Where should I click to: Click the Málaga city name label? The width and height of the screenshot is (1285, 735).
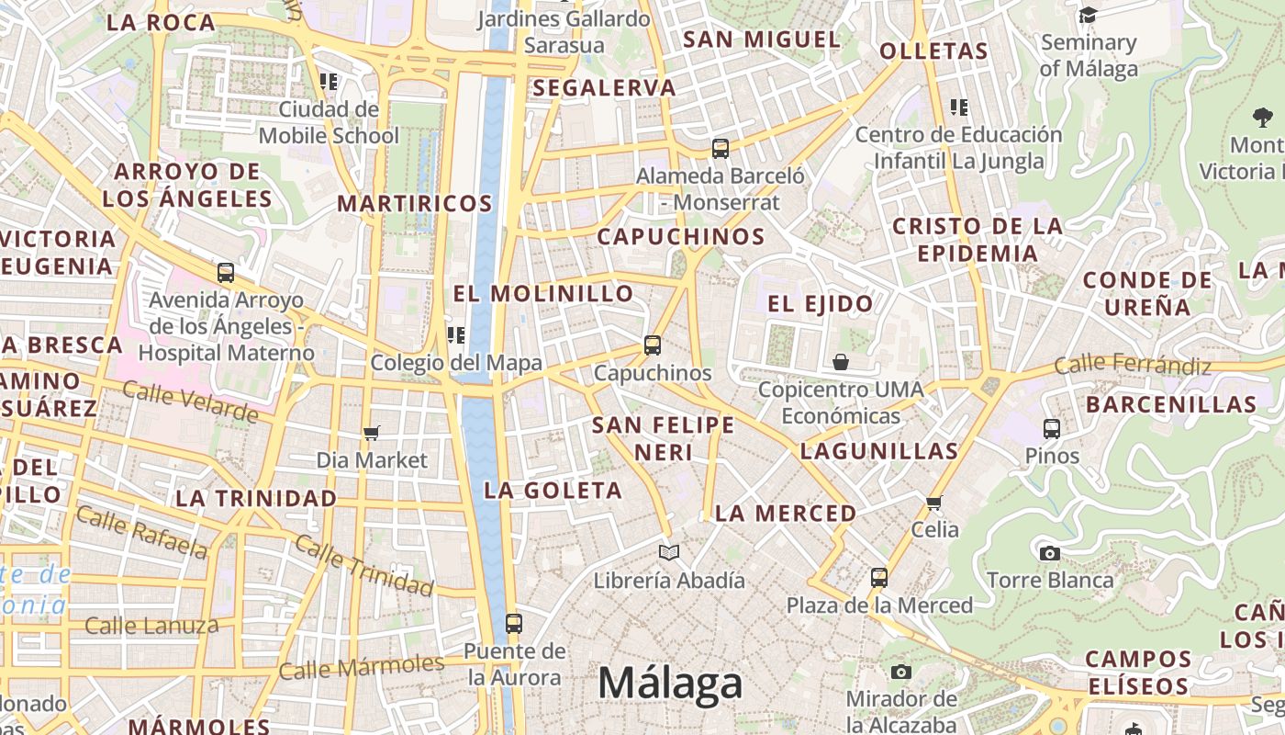coord(670,684)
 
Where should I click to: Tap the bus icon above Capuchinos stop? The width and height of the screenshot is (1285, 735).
coord(653,345)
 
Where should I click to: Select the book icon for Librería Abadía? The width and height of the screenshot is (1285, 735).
coord(669,552)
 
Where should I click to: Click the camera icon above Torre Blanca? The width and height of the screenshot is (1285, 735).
coord(1050,553)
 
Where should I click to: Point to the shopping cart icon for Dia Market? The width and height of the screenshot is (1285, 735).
coord(372,433)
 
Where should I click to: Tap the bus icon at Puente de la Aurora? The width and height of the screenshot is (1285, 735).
coord(514,624)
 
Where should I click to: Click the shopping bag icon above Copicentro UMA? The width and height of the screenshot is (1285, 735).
coord(840,363)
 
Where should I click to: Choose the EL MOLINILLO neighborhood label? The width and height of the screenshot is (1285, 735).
coord(543,294)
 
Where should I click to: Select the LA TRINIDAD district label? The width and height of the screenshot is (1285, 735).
coord(256,499)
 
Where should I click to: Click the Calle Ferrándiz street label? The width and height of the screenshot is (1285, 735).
coord(1133,366)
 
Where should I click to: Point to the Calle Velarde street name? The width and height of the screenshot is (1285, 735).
coord(190,403)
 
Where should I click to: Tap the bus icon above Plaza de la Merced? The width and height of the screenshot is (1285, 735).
coord(879,578)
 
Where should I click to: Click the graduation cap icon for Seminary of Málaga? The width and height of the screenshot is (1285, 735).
coord(1089,16)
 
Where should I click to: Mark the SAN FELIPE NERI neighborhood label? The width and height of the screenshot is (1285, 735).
coord(664,438)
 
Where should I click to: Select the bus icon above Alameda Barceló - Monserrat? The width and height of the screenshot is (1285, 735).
coord(721,148)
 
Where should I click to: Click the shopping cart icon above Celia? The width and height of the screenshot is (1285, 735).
coord(934,503)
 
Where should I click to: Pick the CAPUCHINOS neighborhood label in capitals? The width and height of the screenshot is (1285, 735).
coord(681,237)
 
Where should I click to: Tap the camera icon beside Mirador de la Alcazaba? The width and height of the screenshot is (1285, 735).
coord(901,673)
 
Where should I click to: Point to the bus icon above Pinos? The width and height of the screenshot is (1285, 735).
coord(1052,428)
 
